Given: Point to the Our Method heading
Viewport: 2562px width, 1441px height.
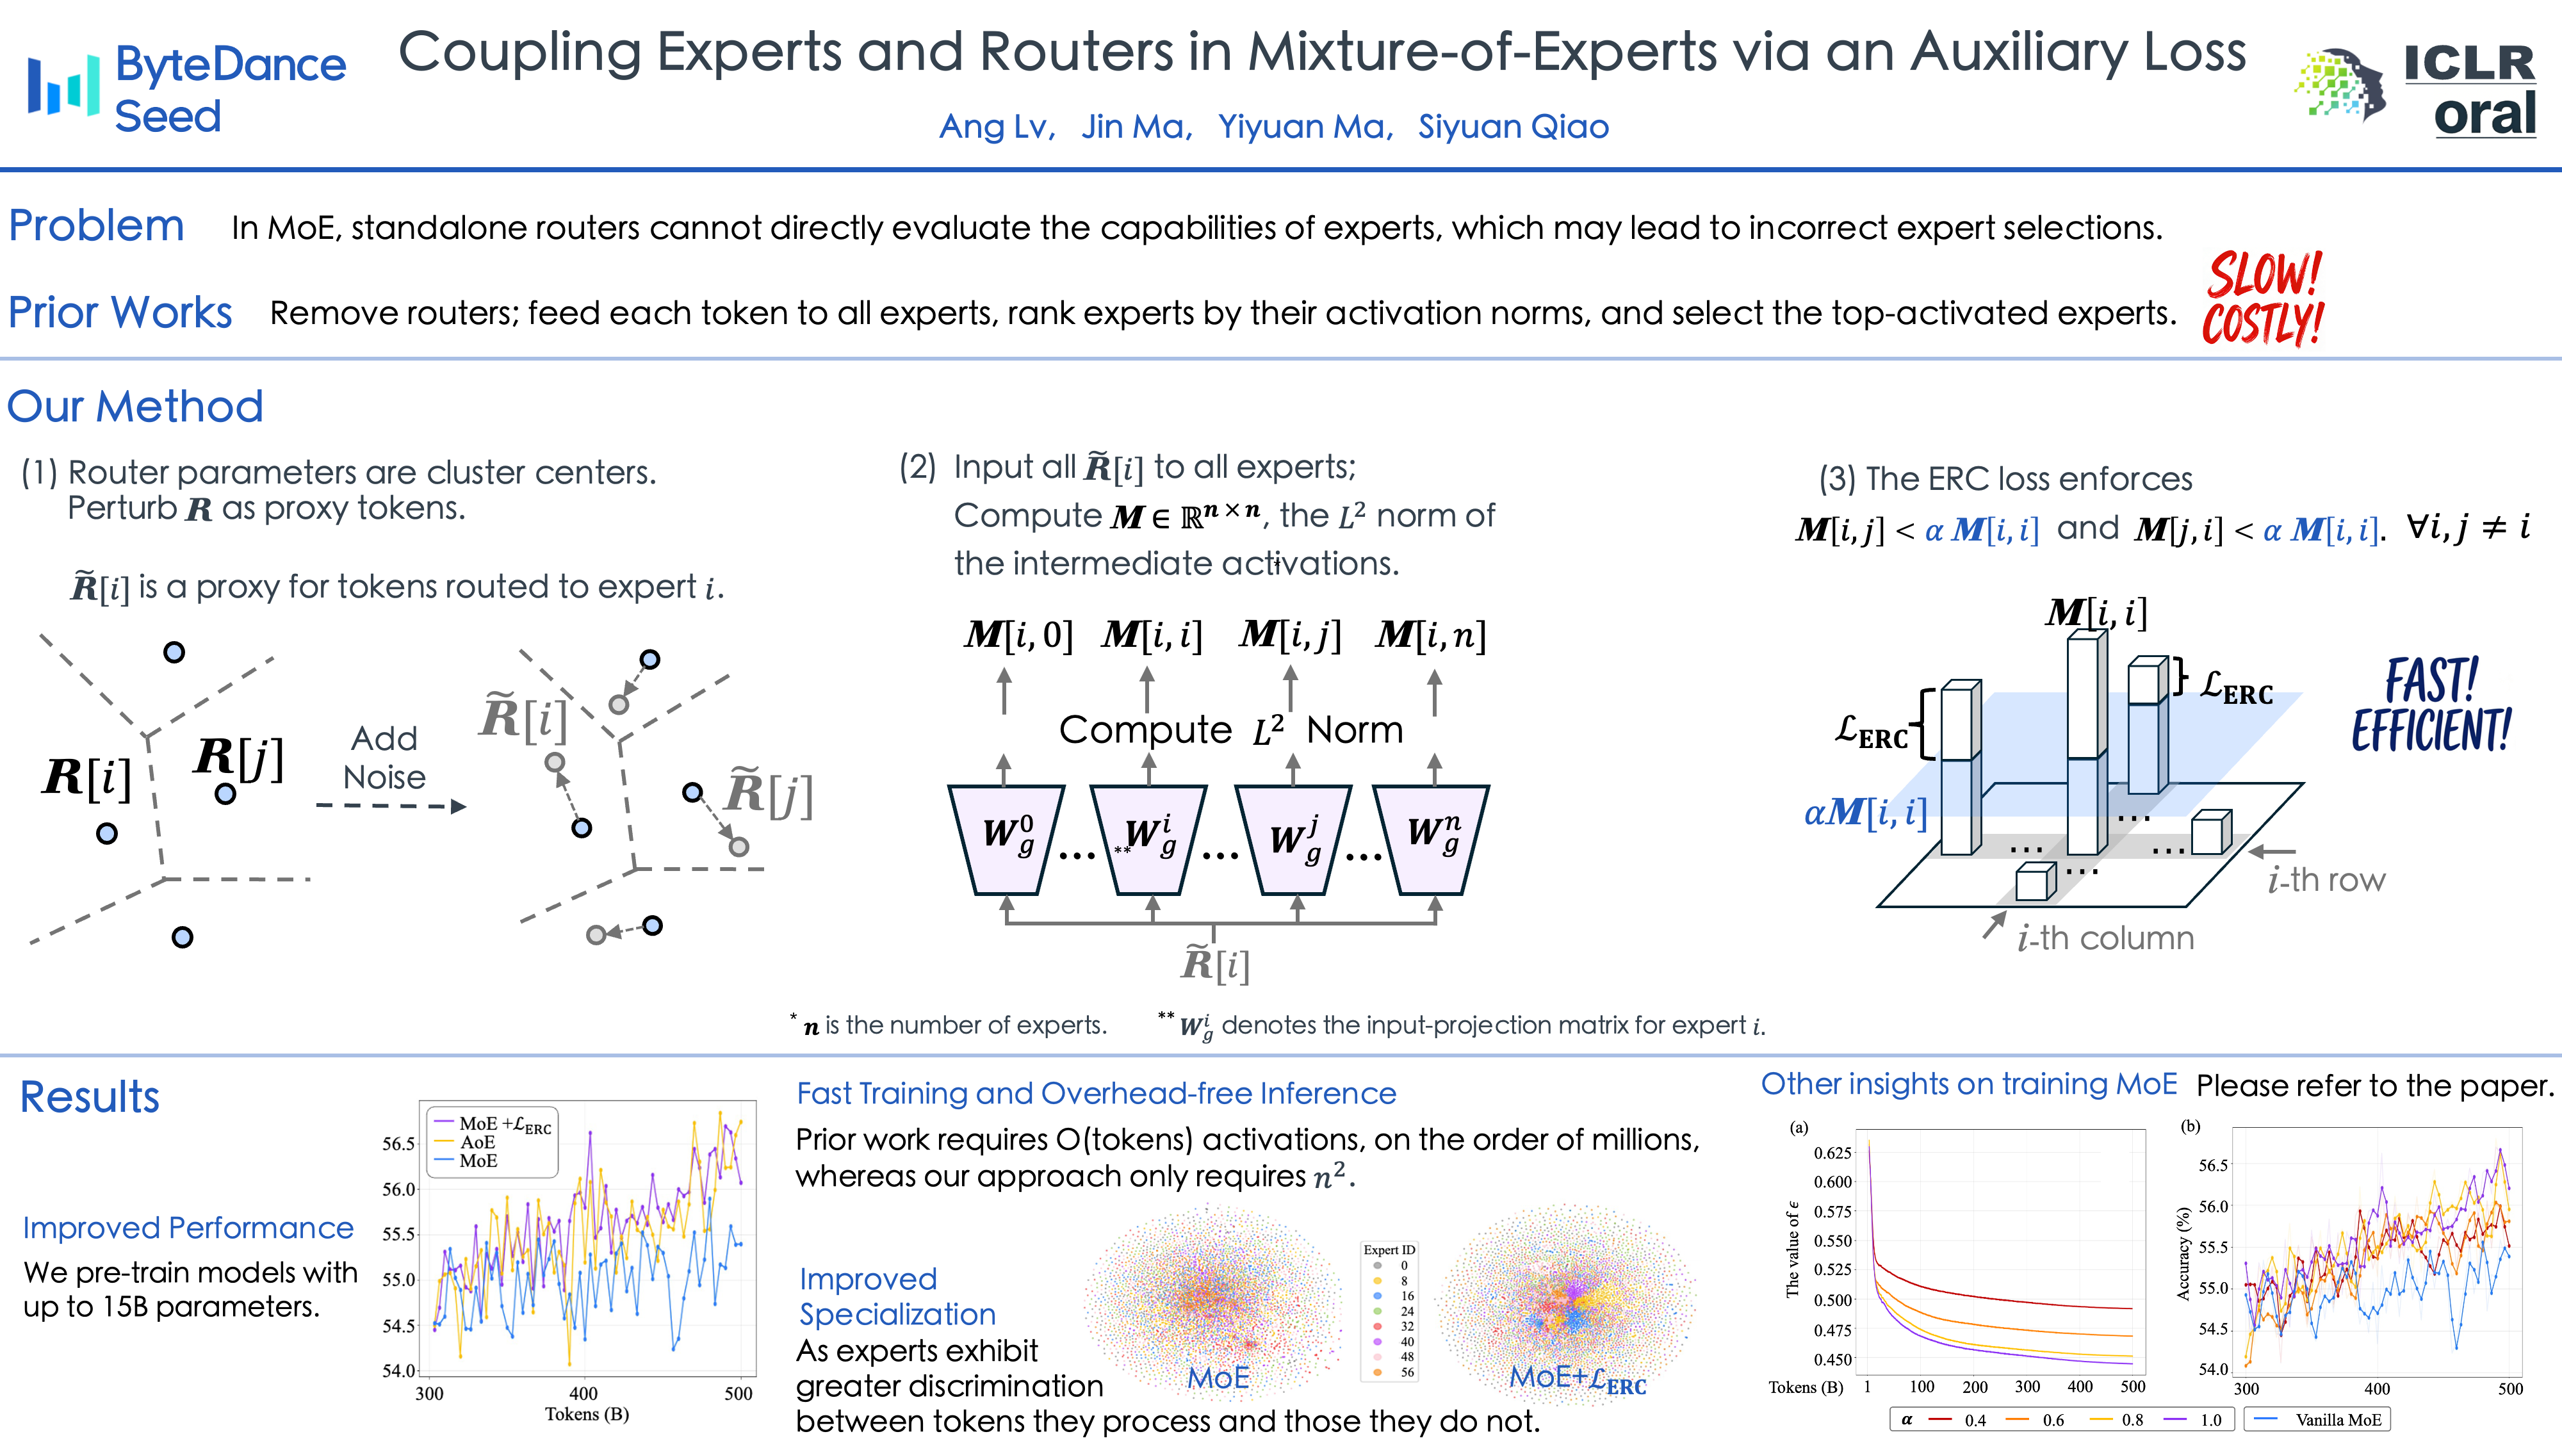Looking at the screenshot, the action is tap(135, 406).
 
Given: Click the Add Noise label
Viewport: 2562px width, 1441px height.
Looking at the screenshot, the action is tap(384, 757).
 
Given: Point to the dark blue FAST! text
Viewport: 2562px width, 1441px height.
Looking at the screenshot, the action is tap(2432, 680).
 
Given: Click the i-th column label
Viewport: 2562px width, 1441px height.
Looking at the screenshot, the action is tap(2105, 938).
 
